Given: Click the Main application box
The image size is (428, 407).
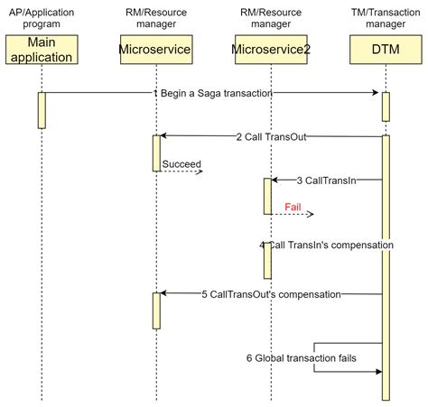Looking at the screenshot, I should tap(41, 50).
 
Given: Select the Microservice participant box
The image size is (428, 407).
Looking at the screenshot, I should tap(155, 50).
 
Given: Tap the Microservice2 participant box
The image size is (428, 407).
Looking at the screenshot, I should tap(268, 50).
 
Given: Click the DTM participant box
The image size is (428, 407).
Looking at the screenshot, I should tap(386, 50).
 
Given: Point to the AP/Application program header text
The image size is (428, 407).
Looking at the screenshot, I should tap(41, 16).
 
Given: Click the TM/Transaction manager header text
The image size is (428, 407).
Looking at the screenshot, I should tap(386, 16).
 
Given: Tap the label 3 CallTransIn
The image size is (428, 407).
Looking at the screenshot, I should tap(326, 180).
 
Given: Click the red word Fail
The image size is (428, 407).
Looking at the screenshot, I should tap(293, 207).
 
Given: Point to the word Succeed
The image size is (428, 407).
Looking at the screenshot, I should tap(181, 163).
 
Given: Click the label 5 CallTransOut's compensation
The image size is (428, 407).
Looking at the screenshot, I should tap(271, 294).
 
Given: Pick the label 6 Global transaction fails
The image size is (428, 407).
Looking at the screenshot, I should tap(301, 358).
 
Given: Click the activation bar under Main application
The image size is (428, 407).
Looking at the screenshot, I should tap(41, 109).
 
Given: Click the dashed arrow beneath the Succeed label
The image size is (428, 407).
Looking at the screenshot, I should tap(181, 171).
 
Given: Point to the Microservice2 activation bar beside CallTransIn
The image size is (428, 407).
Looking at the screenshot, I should tap(267, 196).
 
